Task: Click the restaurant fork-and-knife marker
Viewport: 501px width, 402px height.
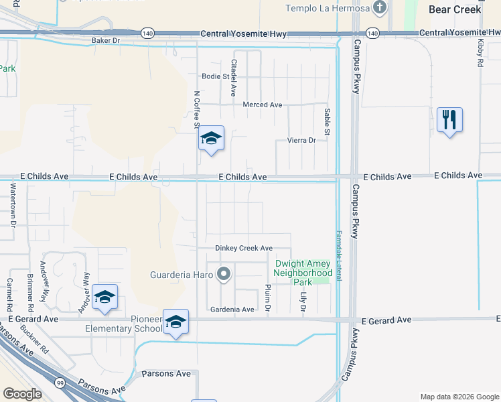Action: click(x=449, y=121)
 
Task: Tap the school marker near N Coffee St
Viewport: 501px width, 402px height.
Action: click(x=211, y=139)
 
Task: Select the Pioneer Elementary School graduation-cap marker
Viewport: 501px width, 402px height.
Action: click(x=175, y=322)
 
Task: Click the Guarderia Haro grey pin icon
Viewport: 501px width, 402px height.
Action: click(x=224, y=274)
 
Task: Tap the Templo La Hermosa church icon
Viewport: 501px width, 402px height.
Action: click(x=380, y=8)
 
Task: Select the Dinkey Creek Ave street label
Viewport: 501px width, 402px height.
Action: click(x=244, y=248)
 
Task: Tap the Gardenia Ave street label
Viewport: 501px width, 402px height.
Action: click(x=232, y=310)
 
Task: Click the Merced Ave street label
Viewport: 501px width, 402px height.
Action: click(x=263, y=105)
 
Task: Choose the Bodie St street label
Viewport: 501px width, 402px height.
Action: click(x=216, y=76)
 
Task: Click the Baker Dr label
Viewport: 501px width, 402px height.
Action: click(x=105, y=40)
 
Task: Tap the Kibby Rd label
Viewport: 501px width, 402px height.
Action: click(x=480, y=52)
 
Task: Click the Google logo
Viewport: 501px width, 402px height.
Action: click(x=21, y=394)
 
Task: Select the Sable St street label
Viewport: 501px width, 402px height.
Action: click(x=327, y=121)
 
